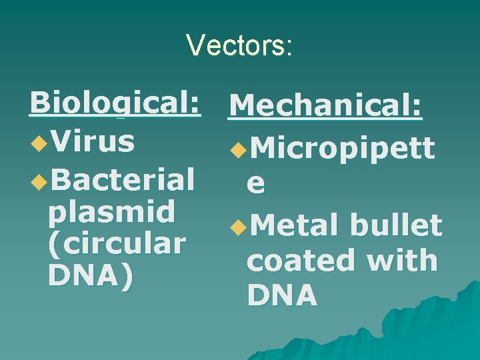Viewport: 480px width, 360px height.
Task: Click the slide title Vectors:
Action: point(239,45)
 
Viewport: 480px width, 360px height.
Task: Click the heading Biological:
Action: point(115,104)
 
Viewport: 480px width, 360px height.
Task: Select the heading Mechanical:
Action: point(325,107)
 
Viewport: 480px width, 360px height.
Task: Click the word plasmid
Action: point(111,212)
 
